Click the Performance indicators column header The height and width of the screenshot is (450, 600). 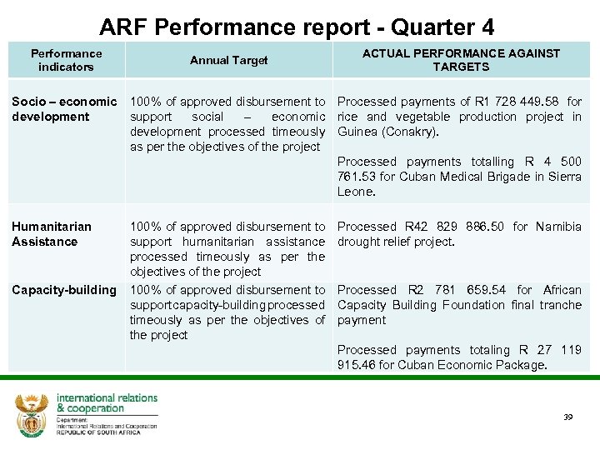pyautogui.click(x=66, y=60)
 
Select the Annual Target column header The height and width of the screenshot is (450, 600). pyautogui.click(x=229, y=60)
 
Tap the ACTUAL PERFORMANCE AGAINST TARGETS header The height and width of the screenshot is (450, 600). pyautogui.click(x=461, y=60)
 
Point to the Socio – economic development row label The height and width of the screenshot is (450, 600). pyautogui.click(x=64, y=109)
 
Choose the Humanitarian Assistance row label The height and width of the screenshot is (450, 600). pyautogui.click(x=52, y=234)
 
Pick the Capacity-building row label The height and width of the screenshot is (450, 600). pyautogui.click(x=64, y=290)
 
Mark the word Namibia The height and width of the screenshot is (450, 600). pyautogui.click(x=558, y=227)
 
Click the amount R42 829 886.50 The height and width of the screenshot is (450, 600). pyautogui.click(x=456, y=227)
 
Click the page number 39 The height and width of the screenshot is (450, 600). pyautogui.click(x=569, y=417)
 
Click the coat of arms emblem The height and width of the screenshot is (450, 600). pyautogui.click(x=32, y=414)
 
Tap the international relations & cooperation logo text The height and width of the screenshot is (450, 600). pyautogui.click(x=107, y=403)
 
